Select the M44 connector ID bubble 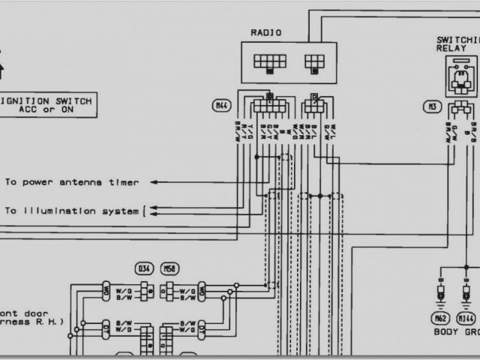(221, 106)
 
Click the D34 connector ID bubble (143, 268)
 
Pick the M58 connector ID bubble (171, 268)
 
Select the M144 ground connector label (467, 317)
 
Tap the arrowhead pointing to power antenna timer (153, 181)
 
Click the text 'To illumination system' (71, 211)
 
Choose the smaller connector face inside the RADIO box (313, 62)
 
